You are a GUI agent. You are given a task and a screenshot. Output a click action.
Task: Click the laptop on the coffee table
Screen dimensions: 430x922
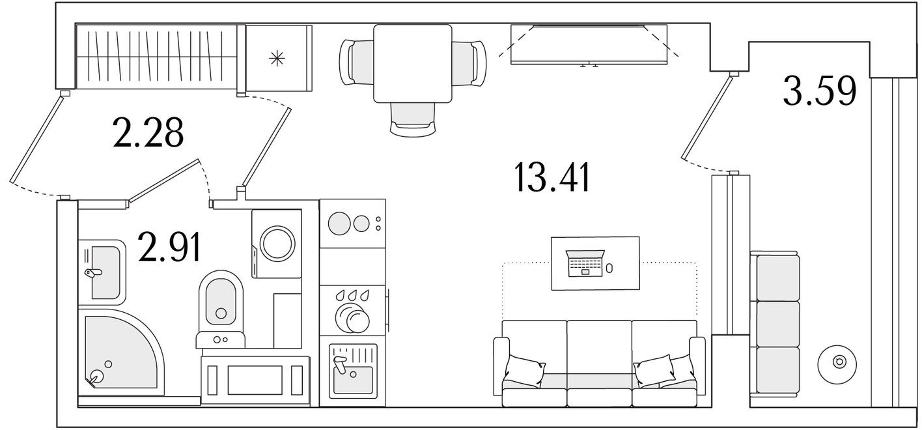[x=585, y=263]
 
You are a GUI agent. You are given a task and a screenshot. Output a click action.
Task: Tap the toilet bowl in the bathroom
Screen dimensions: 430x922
[x=220, y=302]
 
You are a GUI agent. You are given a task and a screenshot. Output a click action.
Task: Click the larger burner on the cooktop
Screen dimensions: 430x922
[x=339, y=224]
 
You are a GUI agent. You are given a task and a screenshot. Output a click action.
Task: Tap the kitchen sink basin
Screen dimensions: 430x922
[x=352, y=375]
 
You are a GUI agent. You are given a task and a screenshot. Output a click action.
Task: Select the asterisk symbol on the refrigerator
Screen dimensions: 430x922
[x=277, y=59]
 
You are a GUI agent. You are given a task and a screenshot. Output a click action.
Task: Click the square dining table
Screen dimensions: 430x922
[x=413, y=63]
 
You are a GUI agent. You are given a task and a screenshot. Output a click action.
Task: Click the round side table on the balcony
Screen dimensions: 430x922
[x=839, y=360]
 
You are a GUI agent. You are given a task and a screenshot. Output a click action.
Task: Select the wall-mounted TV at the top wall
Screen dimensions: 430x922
[x=589, y=44]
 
